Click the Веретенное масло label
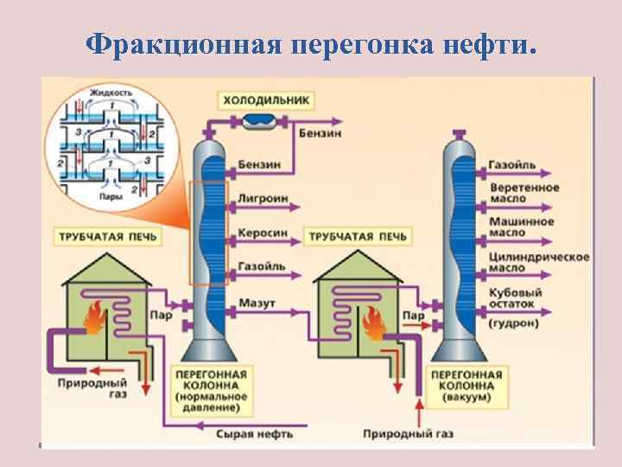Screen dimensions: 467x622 524,192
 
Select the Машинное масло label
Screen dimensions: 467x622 521,227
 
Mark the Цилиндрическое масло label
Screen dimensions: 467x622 538,262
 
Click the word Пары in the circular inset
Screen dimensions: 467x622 111,196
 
